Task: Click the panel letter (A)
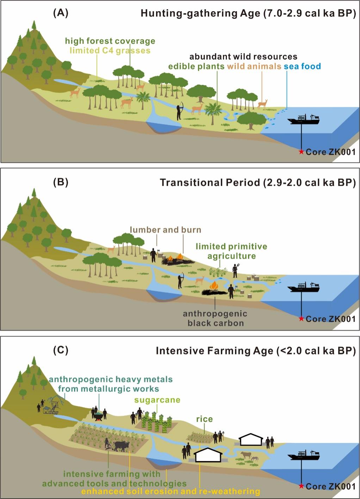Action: click(61, 13)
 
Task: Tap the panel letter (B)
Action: click(61, 182)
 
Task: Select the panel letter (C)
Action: click(61, 350)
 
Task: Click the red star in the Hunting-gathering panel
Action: click(301, 152)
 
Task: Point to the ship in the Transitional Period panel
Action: click(303, 287)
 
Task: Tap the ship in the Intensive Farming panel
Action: click(303, 455)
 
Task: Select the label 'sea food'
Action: click(302, 66)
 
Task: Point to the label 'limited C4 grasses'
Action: click(110, 50)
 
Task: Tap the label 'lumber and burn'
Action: click(166, 230)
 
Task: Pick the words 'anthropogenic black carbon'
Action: click(215, 318)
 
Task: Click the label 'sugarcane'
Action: click(157, 400)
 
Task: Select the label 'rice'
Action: click(204, 419)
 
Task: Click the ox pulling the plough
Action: click(122, 446)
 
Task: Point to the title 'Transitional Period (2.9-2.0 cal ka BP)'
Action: click(258, 183)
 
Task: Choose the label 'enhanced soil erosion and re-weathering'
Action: click(171, 491)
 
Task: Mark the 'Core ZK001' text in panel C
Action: click(330, 487)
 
